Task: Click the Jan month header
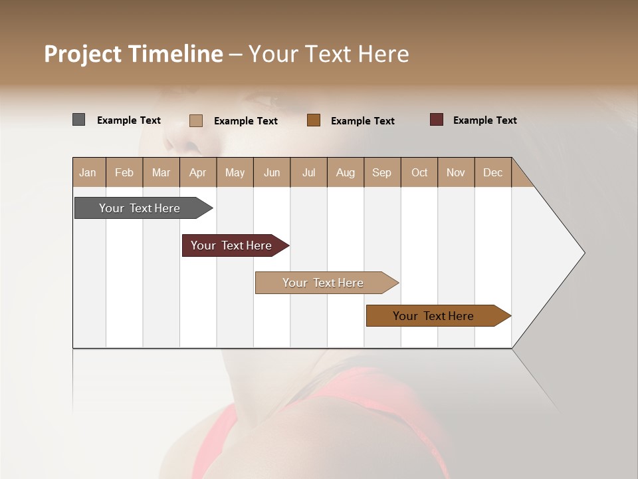[88, 172]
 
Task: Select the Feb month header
[124, 172]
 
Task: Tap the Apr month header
[198, 172]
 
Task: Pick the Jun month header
[272, 172]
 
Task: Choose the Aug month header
[346, 172]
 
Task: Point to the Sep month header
[382, 172]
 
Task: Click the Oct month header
[419, 172]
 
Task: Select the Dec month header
[493, 172]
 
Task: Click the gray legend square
[78, 120]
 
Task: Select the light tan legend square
[195, 120]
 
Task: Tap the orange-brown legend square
[314, 120]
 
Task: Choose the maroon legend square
[436, 120]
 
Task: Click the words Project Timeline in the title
[134, 54]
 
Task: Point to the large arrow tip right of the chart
[558, 253]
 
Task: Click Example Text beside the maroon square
[485, 120]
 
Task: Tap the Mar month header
[161, 172]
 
